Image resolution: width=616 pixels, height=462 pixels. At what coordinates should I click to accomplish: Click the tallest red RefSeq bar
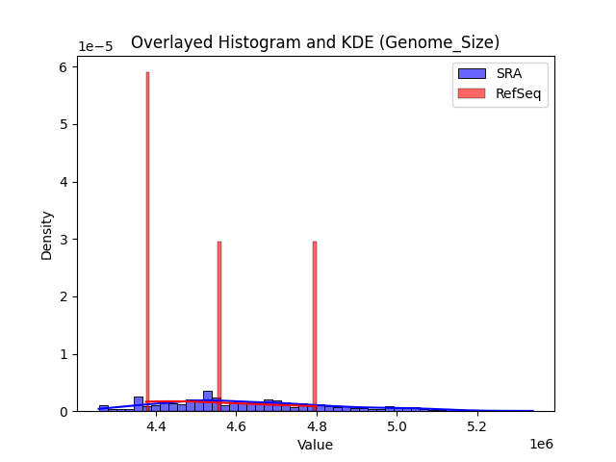coord(147,241)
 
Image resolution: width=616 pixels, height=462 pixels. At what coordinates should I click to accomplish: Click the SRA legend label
coord(508,73)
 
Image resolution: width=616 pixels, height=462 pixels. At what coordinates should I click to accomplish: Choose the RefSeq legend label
coord(518,92)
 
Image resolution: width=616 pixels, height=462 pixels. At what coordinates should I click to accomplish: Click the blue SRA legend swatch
coord(472,73)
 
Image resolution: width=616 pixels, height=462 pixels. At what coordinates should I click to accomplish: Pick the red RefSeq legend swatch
coord(472,92)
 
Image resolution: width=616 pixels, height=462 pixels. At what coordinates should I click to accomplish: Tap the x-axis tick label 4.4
coord(155,426)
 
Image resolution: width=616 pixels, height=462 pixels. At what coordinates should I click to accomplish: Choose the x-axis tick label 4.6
coord(236,426)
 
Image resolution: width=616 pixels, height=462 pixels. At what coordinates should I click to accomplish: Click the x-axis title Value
coord(315,445)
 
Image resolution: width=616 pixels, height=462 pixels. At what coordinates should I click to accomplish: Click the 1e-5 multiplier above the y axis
coord(95,46)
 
